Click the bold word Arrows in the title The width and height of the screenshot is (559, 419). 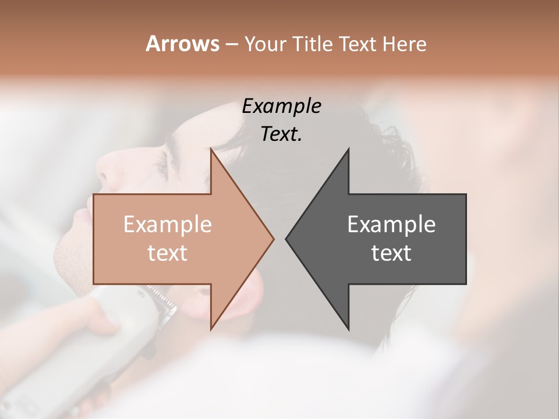(x=182, y=44)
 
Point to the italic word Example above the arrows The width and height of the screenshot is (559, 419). (x=281, y=106)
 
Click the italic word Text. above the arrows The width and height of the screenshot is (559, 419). (x=281, y=134)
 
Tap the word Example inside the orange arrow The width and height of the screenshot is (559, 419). (x=167, y=225)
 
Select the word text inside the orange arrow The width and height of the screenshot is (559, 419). (x=167, y=253)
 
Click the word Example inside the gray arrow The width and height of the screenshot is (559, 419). (x=391, y=225)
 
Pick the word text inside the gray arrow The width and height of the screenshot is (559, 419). (x=391, y=253)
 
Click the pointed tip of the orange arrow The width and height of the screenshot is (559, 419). (x=273, y=239)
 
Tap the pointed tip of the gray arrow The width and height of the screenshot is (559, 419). (x=286, y=239)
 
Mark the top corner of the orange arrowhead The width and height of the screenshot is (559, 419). (x=211, y=150)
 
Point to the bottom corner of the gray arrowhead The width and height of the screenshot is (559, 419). (x=348, y=329)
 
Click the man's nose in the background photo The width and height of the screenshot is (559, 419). (x=108, y=169)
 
